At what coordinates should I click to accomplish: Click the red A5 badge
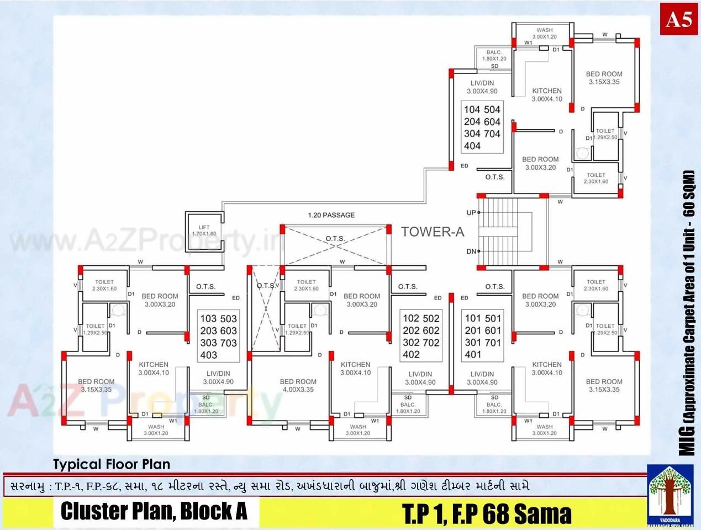coord(678,20)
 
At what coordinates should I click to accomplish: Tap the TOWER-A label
coord(433,232)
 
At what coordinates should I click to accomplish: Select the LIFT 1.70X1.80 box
coord(204,230)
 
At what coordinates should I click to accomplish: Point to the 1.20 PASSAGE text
coord(331,215)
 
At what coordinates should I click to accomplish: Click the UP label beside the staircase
coord(471,213)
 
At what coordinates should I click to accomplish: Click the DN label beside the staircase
coord(471,251)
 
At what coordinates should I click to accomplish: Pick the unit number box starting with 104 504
coord(482,128)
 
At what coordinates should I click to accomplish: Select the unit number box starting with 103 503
coord(218,337)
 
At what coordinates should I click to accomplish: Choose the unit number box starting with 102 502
coord(421,336)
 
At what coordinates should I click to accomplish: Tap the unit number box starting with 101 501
coord(482,336)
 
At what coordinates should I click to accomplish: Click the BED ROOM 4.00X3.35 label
coord(298,385)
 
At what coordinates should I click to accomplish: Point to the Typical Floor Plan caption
coord(112,464)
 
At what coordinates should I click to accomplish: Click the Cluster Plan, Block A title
coord(154,511)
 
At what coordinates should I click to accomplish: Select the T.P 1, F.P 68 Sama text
coord(487,513)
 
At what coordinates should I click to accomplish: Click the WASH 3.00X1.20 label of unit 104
coord(544,34)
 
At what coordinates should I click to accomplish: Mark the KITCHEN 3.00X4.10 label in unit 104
coord(547,95)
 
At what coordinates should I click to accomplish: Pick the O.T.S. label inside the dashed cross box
coord(335,239)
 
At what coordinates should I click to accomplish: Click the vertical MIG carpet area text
coord(688,312)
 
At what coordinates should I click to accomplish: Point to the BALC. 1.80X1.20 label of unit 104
coord(494,55)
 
